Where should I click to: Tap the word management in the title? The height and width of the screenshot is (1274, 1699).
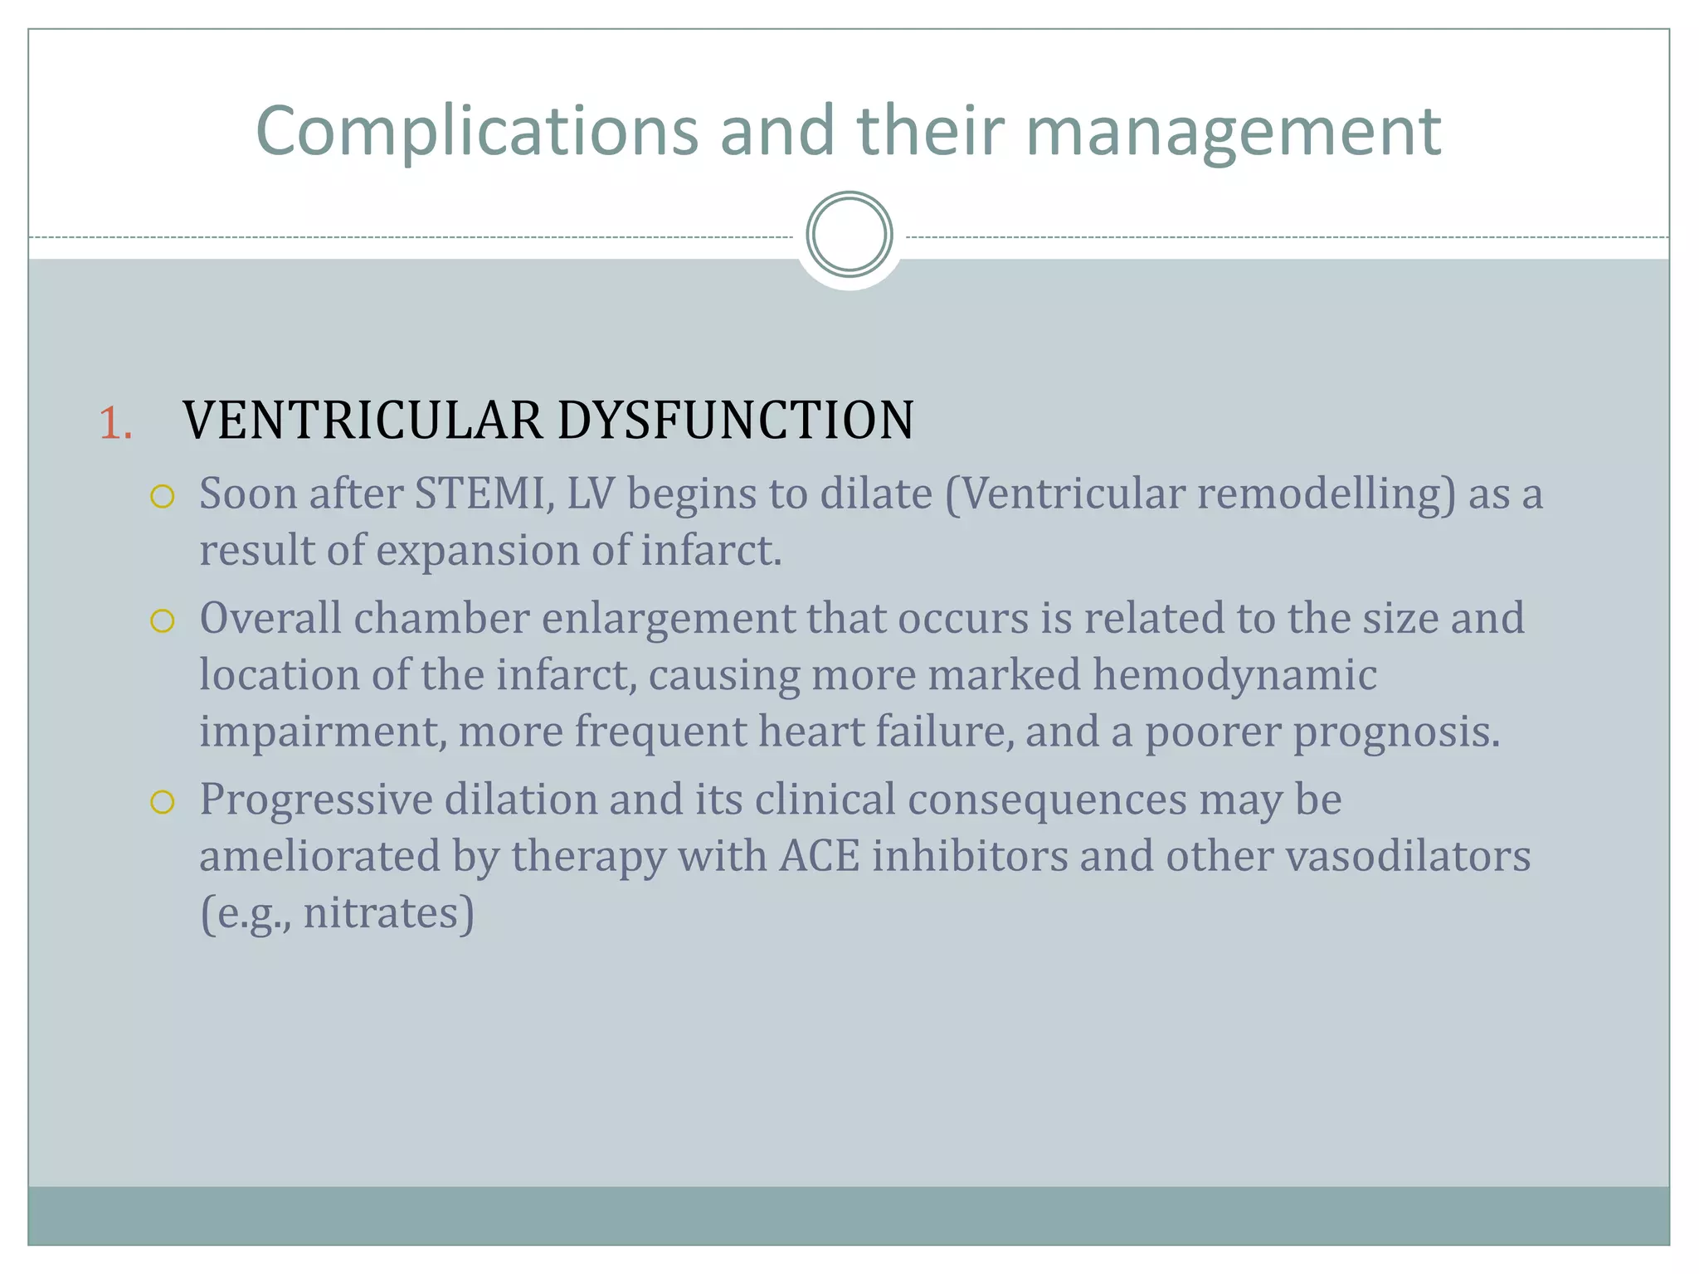(1234, 131)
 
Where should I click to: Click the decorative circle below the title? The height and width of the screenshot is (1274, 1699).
(849, 235)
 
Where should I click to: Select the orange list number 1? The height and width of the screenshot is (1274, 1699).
(115, 423)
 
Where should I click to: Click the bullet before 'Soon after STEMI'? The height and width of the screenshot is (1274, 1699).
(163, 496)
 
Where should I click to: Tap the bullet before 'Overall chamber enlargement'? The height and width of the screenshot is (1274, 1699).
(163, 620)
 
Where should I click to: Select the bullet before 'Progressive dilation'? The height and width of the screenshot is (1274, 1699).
(163, 801)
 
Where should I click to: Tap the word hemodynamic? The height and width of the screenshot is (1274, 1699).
(1234, 674)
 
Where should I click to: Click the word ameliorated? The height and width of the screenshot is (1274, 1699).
(319, 856)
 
